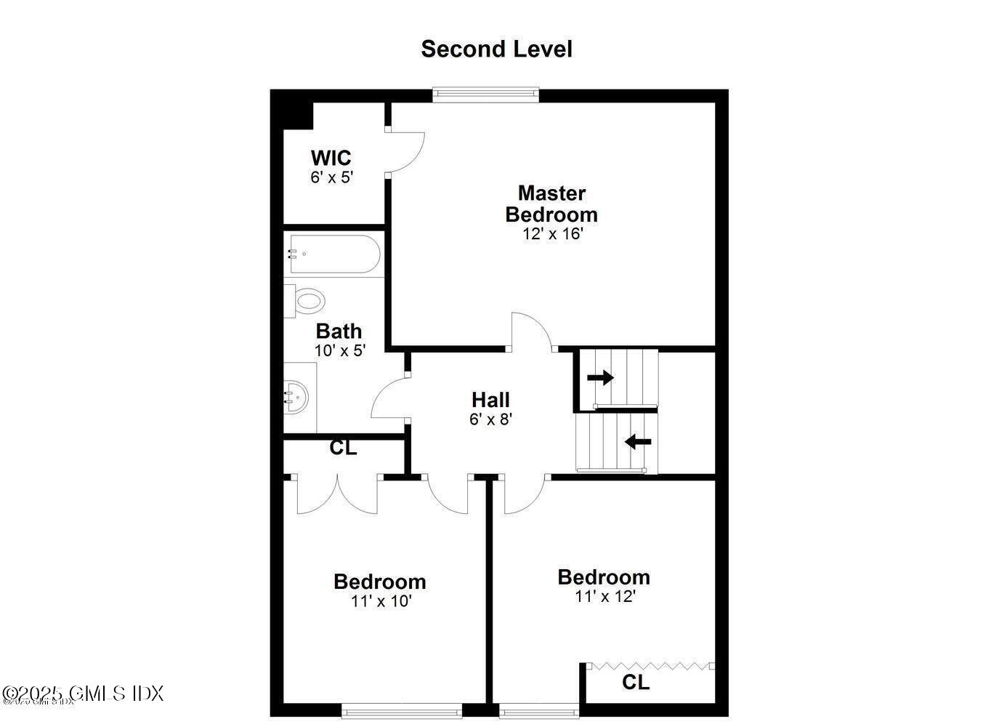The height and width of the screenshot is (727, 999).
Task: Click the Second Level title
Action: pyautogui.click(x=496, y=49)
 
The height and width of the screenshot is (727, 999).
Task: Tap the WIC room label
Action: pyautogui.click(x=331, y=158)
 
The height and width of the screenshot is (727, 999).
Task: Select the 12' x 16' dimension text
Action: pyautogui.click(x=553, y=234)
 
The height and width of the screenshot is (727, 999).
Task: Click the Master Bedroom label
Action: pyautogui.click(x=551, y=204)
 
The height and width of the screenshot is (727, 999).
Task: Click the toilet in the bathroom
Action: pyautogui.click(x=307, y=300)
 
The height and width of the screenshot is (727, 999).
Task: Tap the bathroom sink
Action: pyautogui.click(x=296, y=398)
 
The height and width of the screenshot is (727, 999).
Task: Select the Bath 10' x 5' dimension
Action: pyautogui.click(x=339, y=350)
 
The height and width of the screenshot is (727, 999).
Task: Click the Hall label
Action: pyautogui.click(x=490, y=400)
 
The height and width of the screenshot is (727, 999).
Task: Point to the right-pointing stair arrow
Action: pyautogui.click(x=600, y=377)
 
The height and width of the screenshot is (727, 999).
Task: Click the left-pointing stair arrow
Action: pyautogui.click(x=638, y=441)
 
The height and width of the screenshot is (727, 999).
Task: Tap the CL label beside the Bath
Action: pyautogui.click(x=343, y=449)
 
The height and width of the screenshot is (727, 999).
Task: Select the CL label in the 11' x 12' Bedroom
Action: pyautogui.click(x=636, y=683)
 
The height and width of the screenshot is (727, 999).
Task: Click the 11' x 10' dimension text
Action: pyautogui.click(x=381, y=602)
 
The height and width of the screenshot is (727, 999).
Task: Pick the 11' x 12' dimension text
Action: pyautogui.click(x=604, y=597)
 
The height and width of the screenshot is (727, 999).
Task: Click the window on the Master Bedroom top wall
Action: pyautogui.click(x=485, y=94)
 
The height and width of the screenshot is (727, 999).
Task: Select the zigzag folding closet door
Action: pyautogui.click(x=650, y=664)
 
